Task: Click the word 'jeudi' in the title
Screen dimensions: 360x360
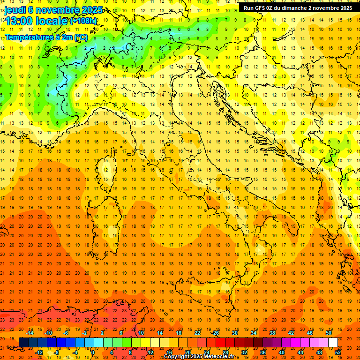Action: (15, 10)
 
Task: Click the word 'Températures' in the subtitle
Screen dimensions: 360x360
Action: (29, 37)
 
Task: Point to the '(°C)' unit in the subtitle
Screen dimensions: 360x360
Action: (79, 37)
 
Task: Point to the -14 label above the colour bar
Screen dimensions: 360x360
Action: (30, 333)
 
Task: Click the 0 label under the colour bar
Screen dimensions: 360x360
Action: (93, 352)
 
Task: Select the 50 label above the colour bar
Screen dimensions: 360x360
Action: (329, 333)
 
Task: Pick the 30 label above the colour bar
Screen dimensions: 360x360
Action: (234, 333)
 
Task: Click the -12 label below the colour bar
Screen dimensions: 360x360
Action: (39, 352)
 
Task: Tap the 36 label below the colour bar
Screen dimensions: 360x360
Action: (263, 352)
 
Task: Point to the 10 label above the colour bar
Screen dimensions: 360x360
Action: (141, 333)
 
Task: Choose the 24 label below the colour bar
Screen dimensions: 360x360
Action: (206, 352)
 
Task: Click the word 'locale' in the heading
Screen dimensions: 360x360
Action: (52, 21)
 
